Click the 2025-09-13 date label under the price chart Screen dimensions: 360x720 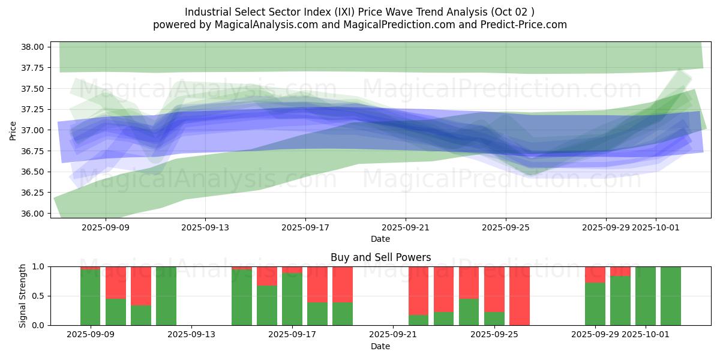tap(205, 227)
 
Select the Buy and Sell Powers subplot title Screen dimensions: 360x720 tap(380, 257)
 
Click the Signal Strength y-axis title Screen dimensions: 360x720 tap(23, 296)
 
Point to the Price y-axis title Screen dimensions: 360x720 tap(13, 130)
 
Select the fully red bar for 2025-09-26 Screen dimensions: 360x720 tap(519, 296)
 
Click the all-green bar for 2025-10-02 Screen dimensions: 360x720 tap(670, 296)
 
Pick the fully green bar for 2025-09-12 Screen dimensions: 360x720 tap(166, 296)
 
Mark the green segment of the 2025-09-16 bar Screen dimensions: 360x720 tap(267, 305)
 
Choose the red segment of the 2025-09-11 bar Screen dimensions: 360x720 tap(141, 286)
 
